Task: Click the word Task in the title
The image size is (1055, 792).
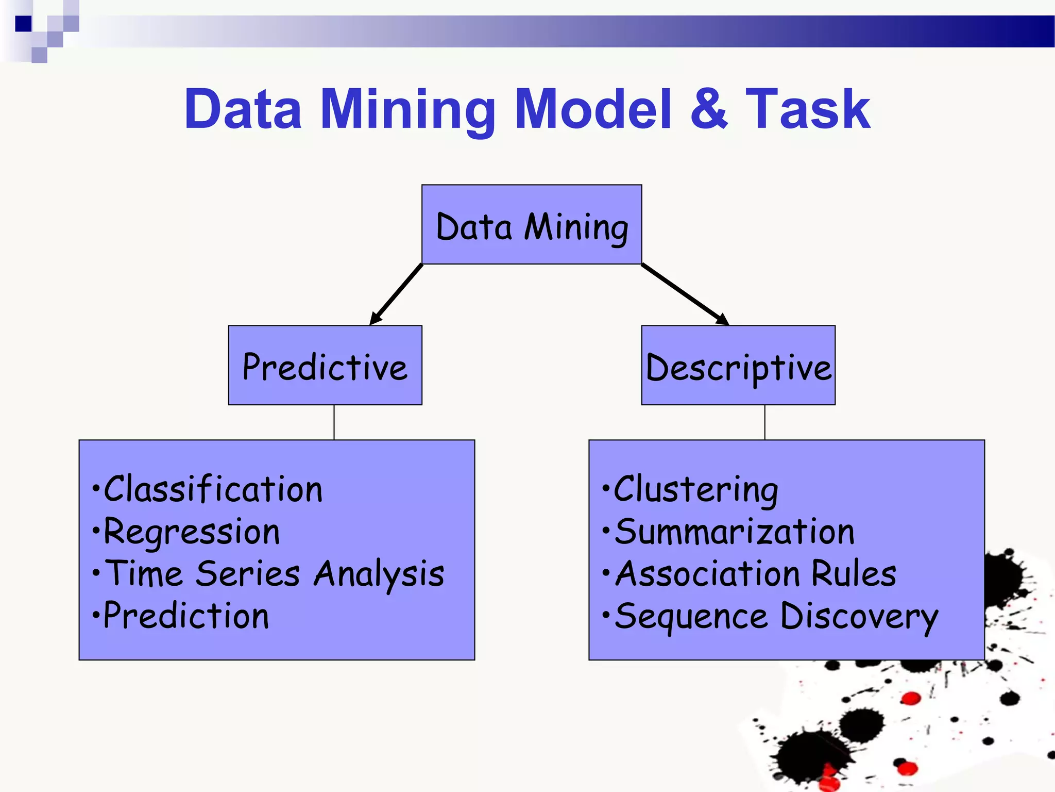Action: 807,109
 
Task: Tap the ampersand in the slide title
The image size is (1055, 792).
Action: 709,109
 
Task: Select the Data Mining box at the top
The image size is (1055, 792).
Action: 532,225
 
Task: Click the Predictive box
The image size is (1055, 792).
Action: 325,366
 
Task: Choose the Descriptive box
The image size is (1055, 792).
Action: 738,366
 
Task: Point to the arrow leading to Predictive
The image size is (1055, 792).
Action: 397,294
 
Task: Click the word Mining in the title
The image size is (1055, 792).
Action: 407,109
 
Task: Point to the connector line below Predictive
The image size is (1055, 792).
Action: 334,422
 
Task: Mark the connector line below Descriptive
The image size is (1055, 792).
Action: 765,422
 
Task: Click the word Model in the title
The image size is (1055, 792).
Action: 593,109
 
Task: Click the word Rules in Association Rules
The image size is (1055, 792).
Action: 854,574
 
